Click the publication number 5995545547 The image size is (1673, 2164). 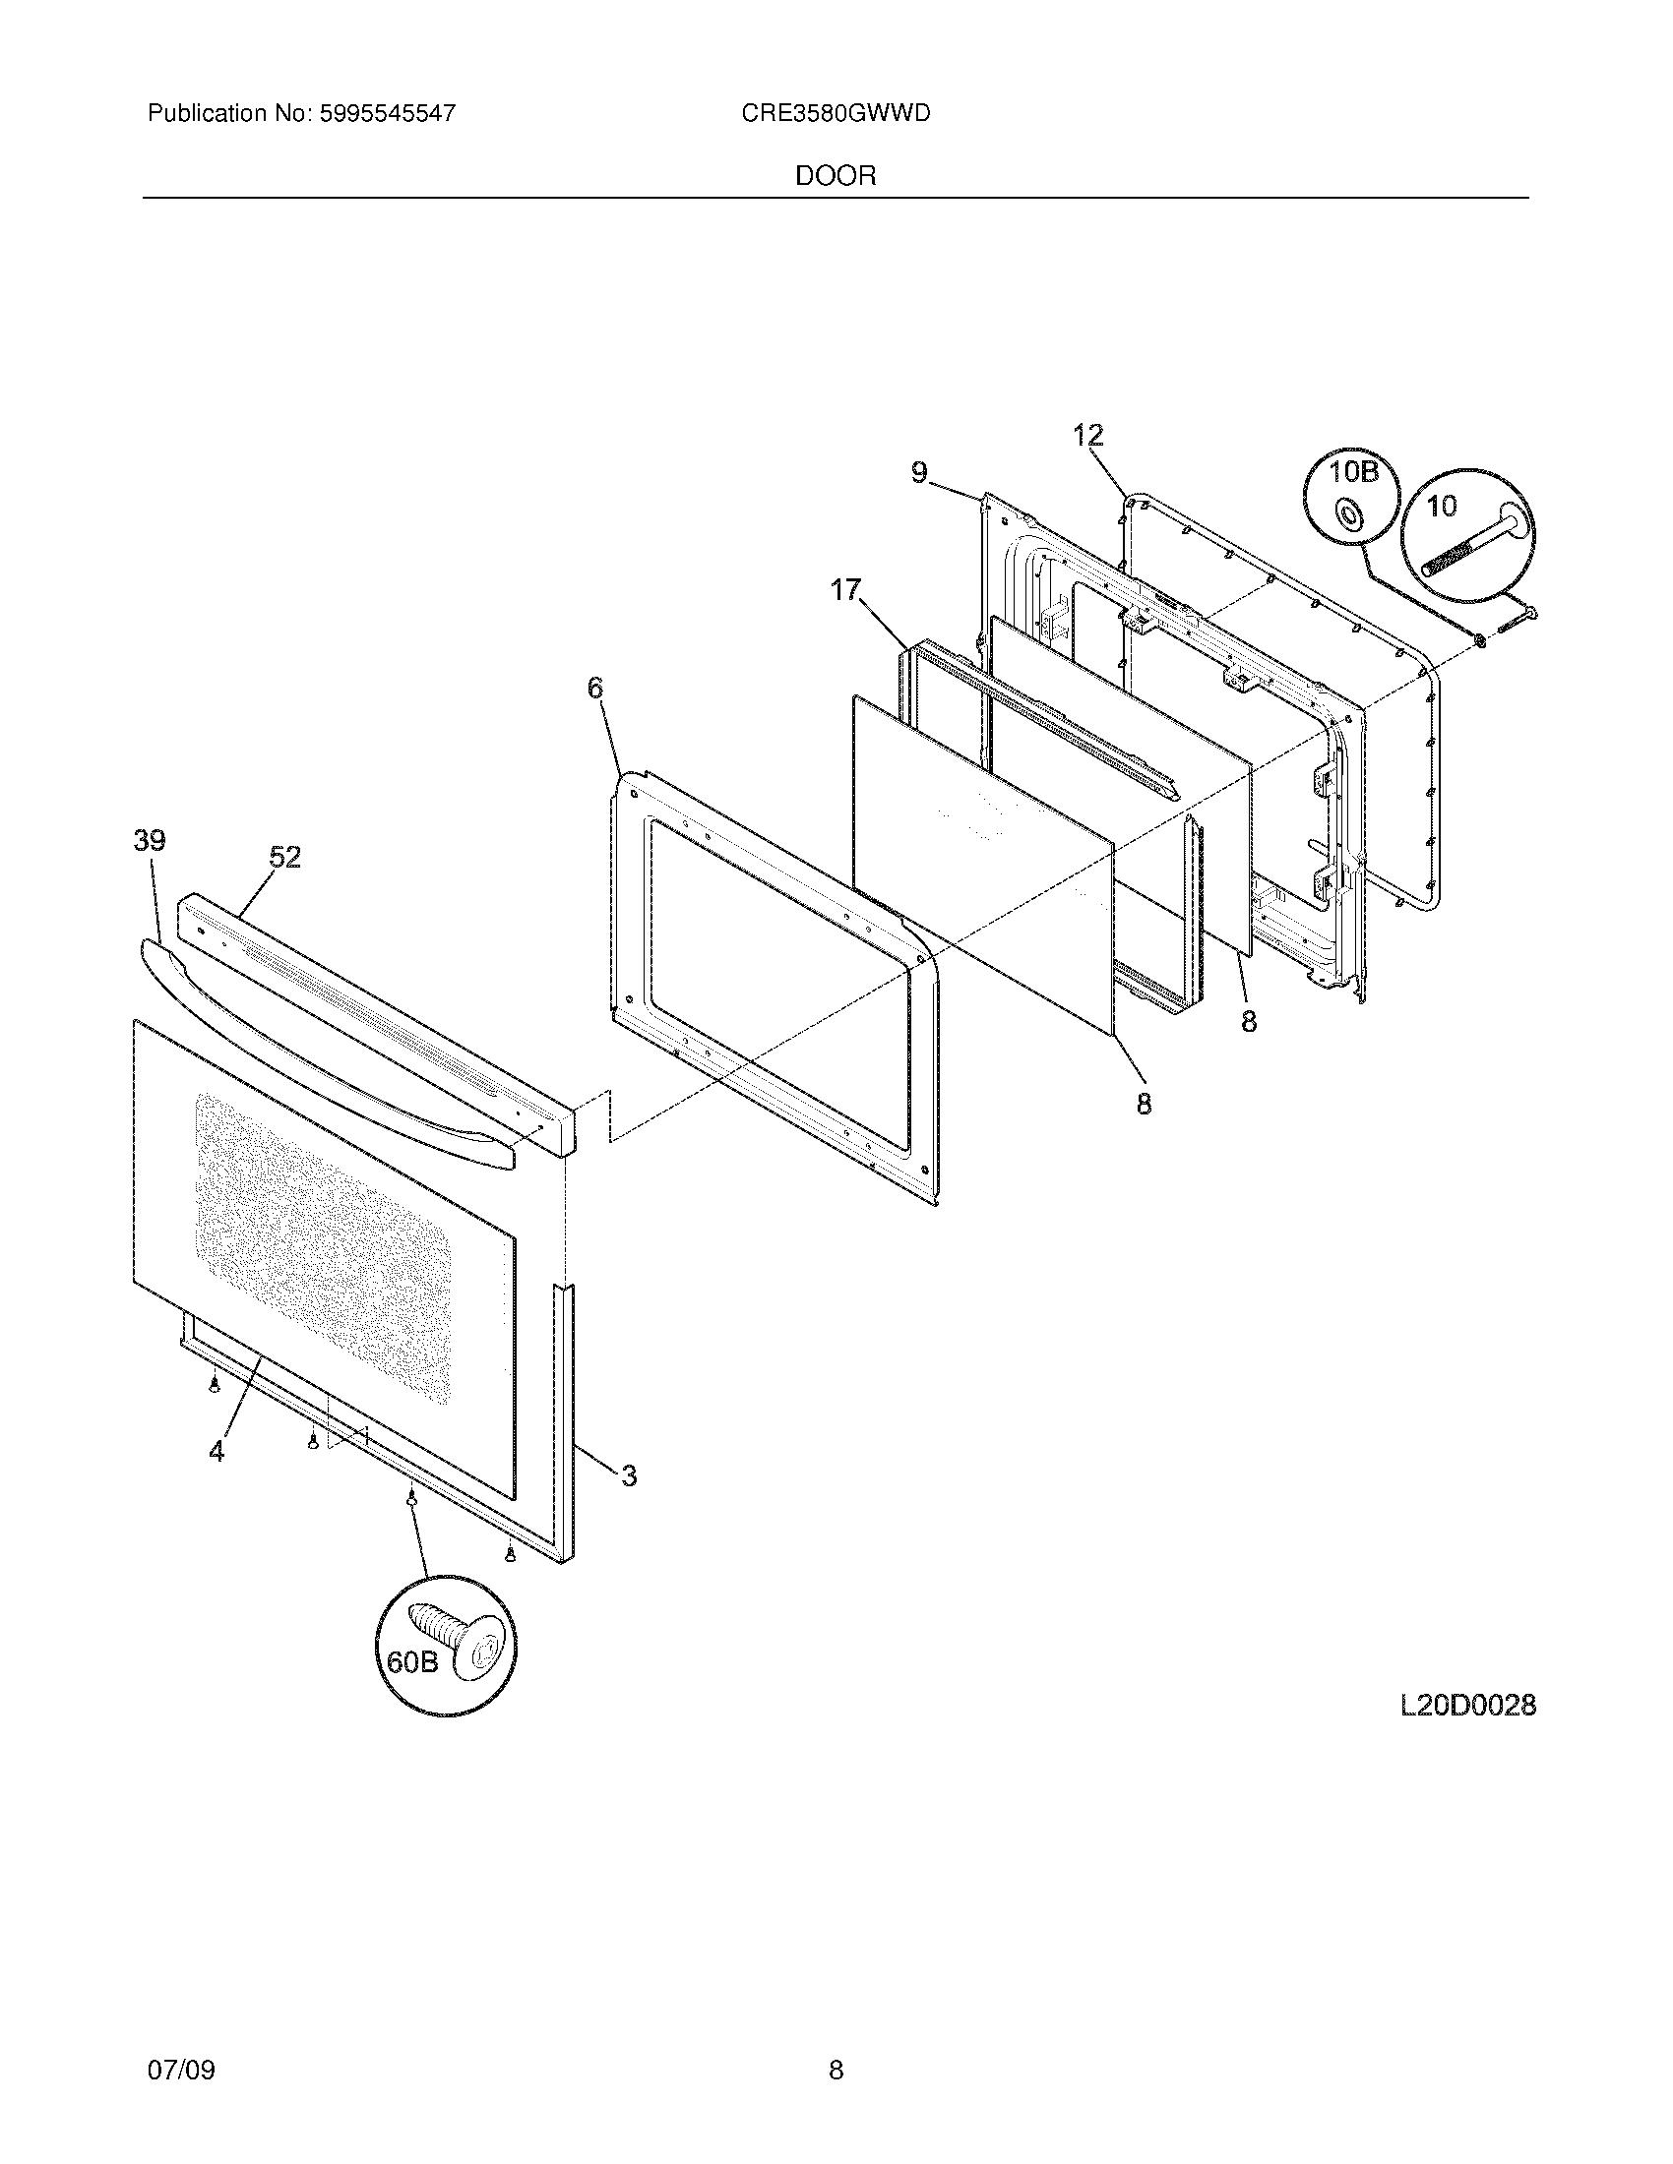pos(386,114)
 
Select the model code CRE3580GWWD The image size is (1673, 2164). pos(836,114)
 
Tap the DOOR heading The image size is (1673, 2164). pos(836,176)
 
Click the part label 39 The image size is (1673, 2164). pos(150,841)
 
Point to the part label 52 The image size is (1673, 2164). pos(284,857)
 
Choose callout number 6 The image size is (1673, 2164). pos(594,688)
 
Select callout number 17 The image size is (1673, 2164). pos(845,590)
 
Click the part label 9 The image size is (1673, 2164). pos(920,474)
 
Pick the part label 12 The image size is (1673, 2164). pos(1087,435)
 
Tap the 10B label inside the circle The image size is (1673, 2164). pos(1354,472)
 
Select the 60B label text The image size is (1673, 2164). pos(412,1660)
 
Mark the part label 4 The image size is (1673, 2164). pos(217,1451)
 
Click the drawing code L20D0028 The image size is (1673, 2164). pos(1468,1706)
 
